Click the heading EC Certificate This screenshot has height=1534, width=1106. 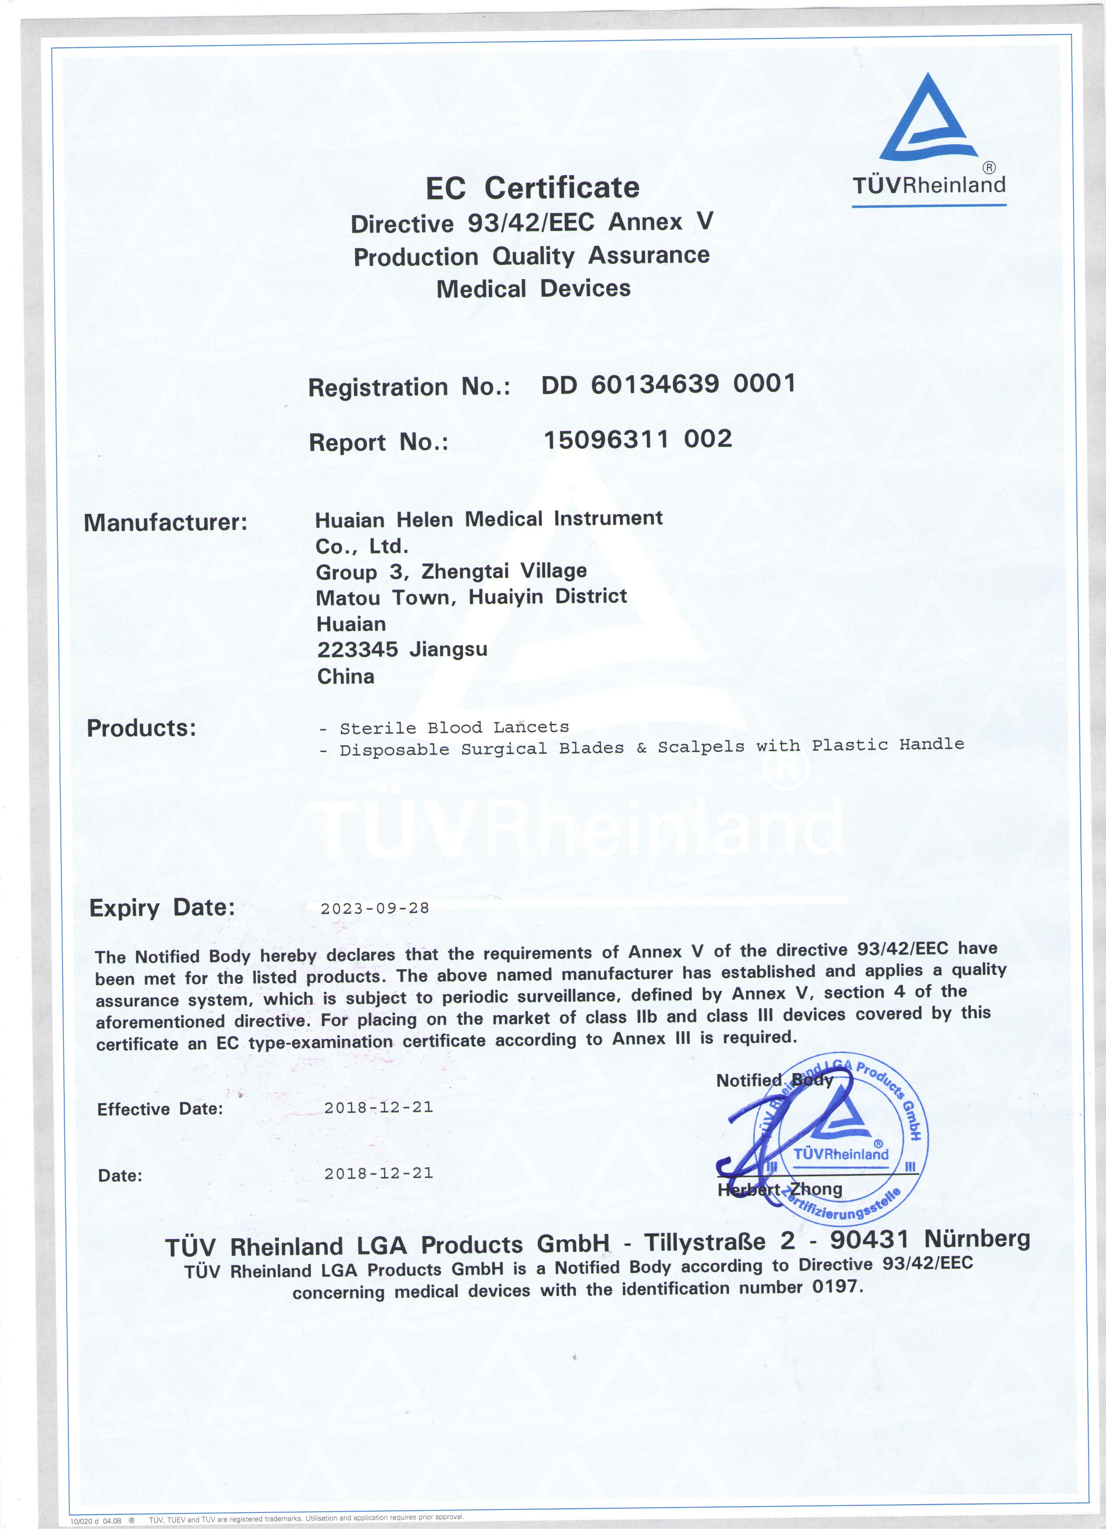point(532,187)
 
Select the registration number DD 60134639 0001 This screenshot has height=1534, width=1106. point(668,384)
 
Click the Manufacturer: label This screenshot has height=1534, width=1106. point(166,523)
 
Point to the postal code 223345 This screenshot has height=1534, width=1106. point(357,649)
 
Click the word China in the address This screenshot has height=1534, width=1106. point(346,676)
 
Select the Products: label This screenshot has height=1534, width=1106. point(141,728)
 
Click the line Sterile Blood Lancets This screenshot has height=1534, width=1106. point(454,728)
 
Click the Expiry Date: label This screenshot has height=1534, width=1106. point(162,908)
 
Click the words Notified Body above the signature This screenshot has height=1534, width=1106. point(774,1080)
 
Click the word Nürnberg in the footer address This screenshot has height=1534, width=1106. point(977,1238)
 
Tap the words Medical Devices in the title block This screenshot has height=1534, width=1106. point(533,289)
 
